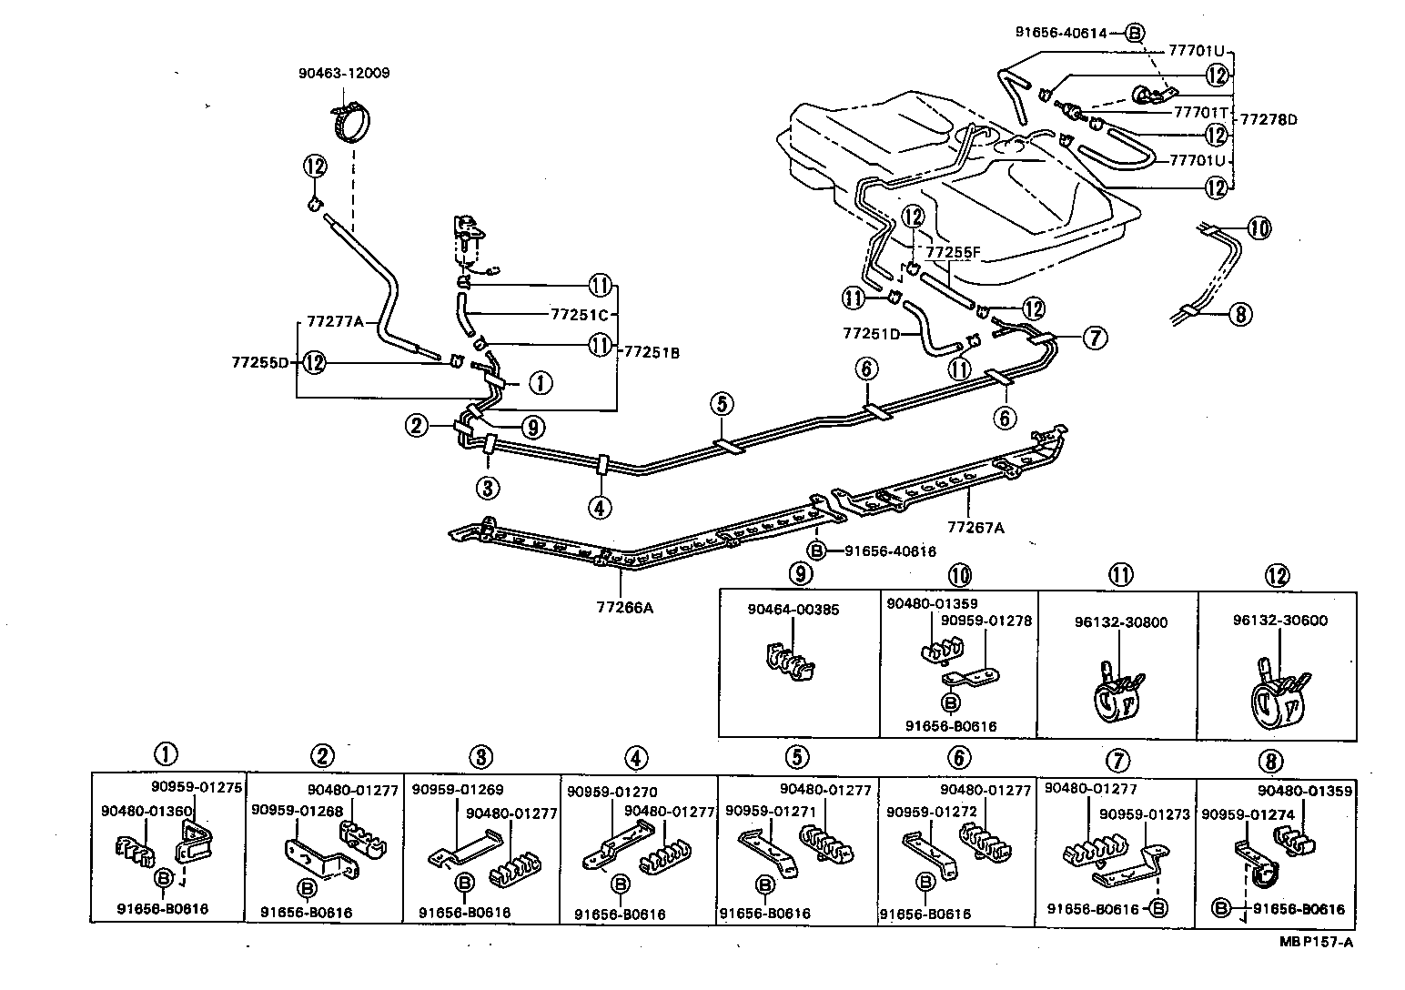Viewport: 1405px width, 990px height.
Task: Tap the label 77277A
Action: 335,321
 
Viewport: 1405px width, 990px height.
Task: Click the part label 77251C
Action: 578,314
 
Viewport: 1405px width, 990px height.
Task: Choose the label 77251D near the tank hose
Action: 871,334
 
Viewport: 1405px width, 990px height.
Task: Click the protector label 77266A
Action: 625,608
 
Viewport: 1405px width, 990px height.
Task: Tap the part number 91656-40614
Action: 1061,33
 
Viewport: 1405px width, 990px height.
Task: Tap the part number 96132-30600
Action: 1279,621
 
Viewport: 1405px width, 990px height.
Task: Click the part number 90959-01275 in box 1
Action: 197,788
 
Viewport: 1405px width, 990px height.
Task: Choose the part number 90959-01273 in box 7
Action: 1145,813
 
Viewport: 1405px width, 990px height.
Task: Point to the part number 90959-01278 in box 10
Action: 986,621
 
